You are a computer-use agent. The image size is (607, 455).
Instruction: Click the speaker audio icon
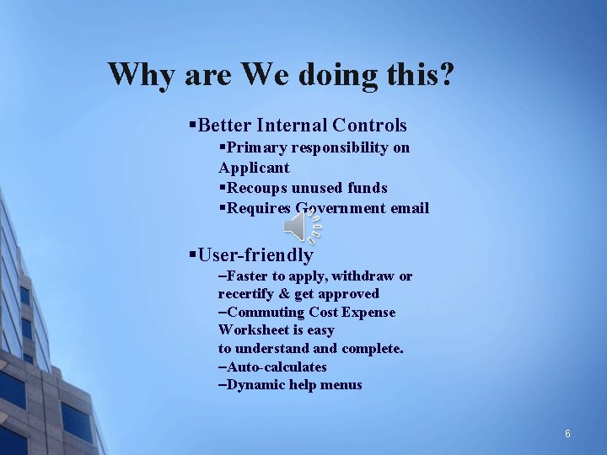pyautogui.click(x=303, y=225)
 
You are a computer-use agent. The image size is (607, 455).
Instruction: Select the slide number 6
pyautogui.click(x=567, y=433)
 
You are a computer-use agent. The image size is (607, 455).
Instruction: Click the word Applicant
pyautogui.click(x=254, y=168)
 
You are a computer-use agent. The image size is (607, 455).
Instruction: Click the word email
pyautogui.click(x=408, y=208)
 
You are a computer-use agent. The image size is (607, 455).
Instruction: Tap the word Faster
pyautogui.click(x=250, y=276)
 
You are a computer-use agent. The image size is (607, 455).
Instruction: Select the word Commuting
pyautogui.click(x=261, y=312)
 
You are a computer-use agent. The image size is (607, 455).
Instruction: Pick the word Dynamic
pyautogui.click(x=256, y=385)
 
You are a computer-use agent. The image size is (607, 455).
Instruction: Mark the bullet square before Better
pyautogui.click(x=193, y=126)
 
